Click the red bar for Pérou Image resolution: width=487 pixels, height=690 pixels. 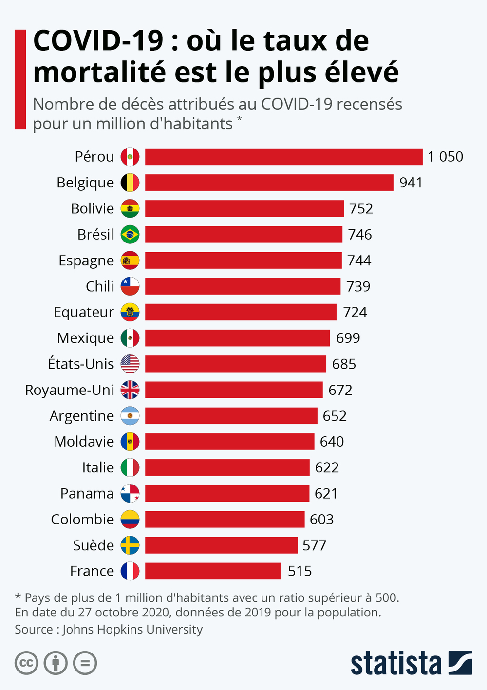coord(283,157)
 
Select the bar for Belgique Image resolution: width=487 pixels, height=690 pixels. coord(269,183)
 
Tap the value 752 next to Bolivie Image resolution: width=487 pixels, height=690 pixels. coord(361,208)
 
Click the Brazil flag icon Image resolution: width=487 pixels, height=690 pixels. coord(130,234)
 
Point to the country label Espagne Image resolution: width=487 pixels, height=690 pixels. coord(86,261)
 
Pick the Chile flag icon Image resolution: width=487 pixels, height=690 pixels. coord(130,286)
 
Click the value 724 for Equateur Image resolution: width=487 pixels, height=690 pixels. coord(355,312)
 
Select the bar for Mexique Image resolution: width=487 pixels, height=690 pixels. coord(237,338)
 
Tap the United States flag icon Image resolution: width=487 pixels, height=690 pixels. coord(130,364)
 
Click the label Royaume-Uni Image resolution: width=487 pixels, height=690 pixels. coord(69,390)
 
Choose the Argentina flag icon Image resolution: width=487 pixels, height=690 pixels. coord(130,416)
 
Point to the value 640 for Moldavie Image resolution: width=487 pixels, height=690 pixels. coord(332,442)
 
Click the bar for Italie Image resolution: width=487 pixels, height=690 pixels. coord(227,467)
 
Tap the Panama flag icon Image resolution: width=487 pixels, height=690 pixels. coord(130,493)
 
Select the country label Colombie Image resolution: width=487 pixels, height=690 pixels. coord(82,520)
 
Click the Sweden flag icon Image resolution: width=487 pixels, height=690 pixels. coord(130,545)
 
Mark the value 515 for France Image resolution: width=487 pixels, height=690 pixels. coord(300,571)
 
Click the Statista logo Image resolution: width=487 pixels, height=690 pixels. coord(411,663)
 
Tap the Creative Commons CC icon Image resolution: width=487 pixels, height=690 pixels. coord(26,663)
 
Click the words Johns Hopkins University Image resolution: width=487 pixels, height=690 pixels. coord(132,630)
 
